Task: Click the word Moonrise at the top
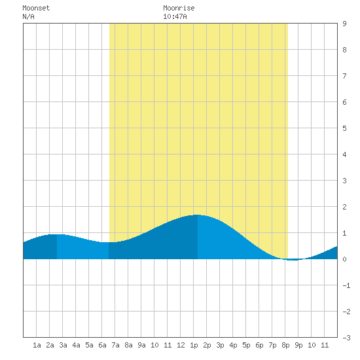(179, 8)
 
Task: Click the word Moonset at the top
(36, 8)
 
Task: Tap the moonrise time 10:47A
(175, 16)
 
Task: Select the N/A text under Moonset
(28, 16)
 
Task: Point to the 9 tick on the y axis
(344, 24)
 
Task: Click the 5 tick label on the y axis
(344, 128)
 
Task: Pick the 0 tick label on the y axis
(344, 259)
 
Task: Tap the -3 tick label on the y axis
(346, 338)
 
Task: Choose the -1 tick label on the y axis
(346, 285)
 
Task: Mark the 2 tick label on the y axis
(344, 207)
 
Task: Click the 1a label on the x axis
(37, 345)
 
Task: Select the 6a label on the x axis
(102, 345)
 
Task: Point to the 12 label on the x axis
(181, 345)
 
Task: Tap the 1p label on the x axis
(194, 345)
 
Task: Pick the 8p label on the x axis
(285, 345)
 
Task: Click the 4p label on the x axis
(233, 345)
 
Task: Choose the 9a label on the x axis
(141, 345)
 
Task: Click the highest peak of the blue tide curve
(197, 215)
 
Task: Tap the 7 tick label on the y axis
(344, 76)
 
